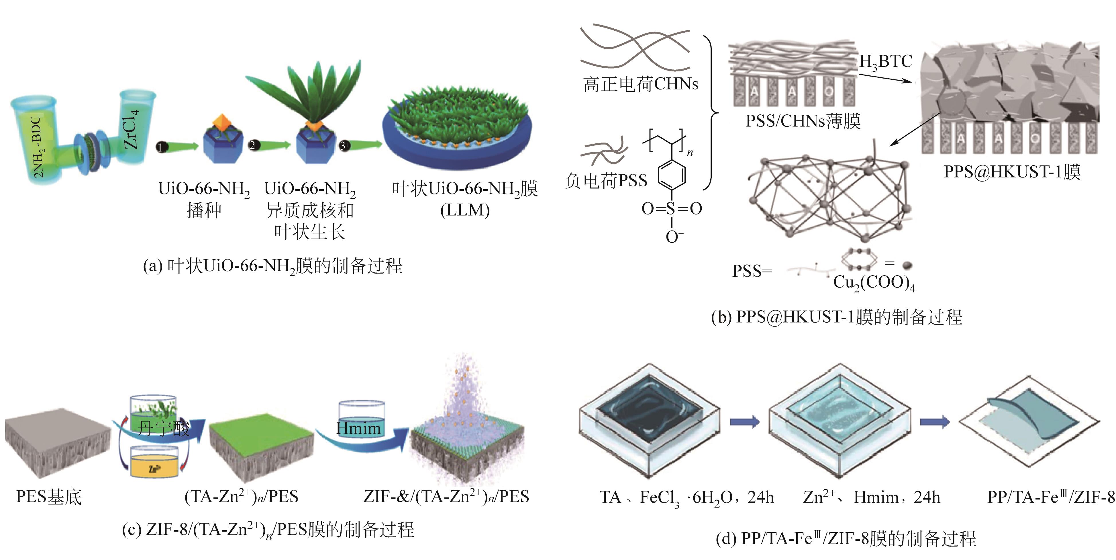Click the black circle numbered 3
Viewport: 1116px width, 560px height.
[x=344, y=146]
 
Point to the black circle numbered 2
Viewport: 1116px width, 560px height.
[x=253, y=145]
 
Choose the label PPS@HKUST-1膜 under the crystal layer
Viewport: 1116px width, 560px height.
[x=1012, y=172]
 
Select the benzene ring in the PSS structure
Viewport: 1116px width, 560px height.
[x=672, y=175]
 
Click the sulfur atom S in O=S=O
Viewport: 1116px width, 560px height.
[x=671, y=209]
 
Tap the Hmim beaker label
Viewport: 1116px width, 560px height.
[x=358, y=428]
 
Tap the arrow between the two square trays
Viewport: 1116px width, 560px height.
[x=744, y=421]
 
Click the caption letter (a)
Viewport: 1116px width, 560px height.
[x=152, y=266]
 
